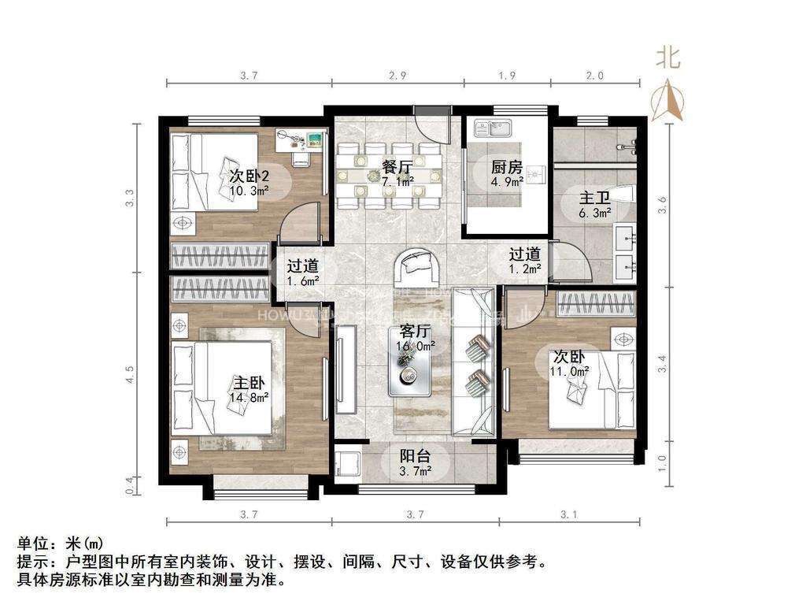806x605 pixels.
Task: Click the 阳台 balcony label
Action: click(415, 455)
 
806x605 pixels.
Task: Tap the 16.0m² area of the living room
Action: click(416, 346)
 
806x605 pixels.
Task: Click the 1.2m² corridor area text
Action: click(524, 269)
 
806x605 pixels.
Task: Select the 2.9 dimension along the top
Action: click(397, 76)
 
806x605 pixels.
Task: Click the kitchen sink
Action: click(490, 128)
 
